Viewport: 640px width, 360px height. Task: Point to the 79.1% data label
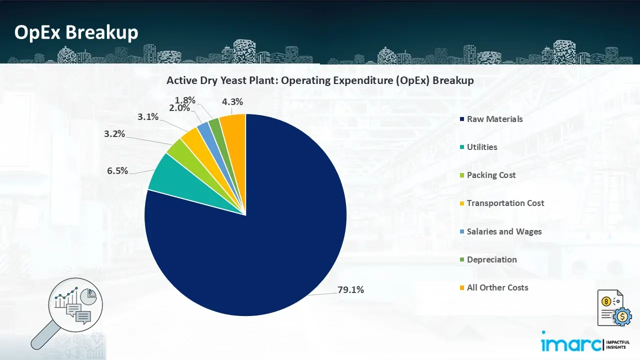[350, 289]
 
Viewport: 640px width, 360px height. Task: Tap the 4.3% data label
[232, 101]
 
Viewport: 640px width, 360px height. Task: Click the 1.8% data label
[185, 100]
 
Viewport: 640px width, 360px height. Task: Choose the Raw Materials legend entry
[494, 119]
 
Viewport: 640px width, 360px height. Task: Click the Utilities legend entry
[482, 147]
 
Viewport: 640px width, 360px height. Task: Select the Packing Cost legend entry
[491, 175]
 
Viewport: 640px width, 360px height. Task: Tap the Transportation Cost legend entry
[505, 203]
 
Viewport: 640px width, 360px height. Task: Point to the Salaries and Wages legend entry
[504, 231]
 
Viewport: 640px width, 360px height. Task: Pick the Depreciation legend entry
[491, 259]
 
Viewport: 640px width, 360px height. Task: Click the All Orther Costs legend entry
[497, 287]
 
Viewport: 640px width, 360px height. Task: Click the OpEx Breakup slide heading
[76, 32]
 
